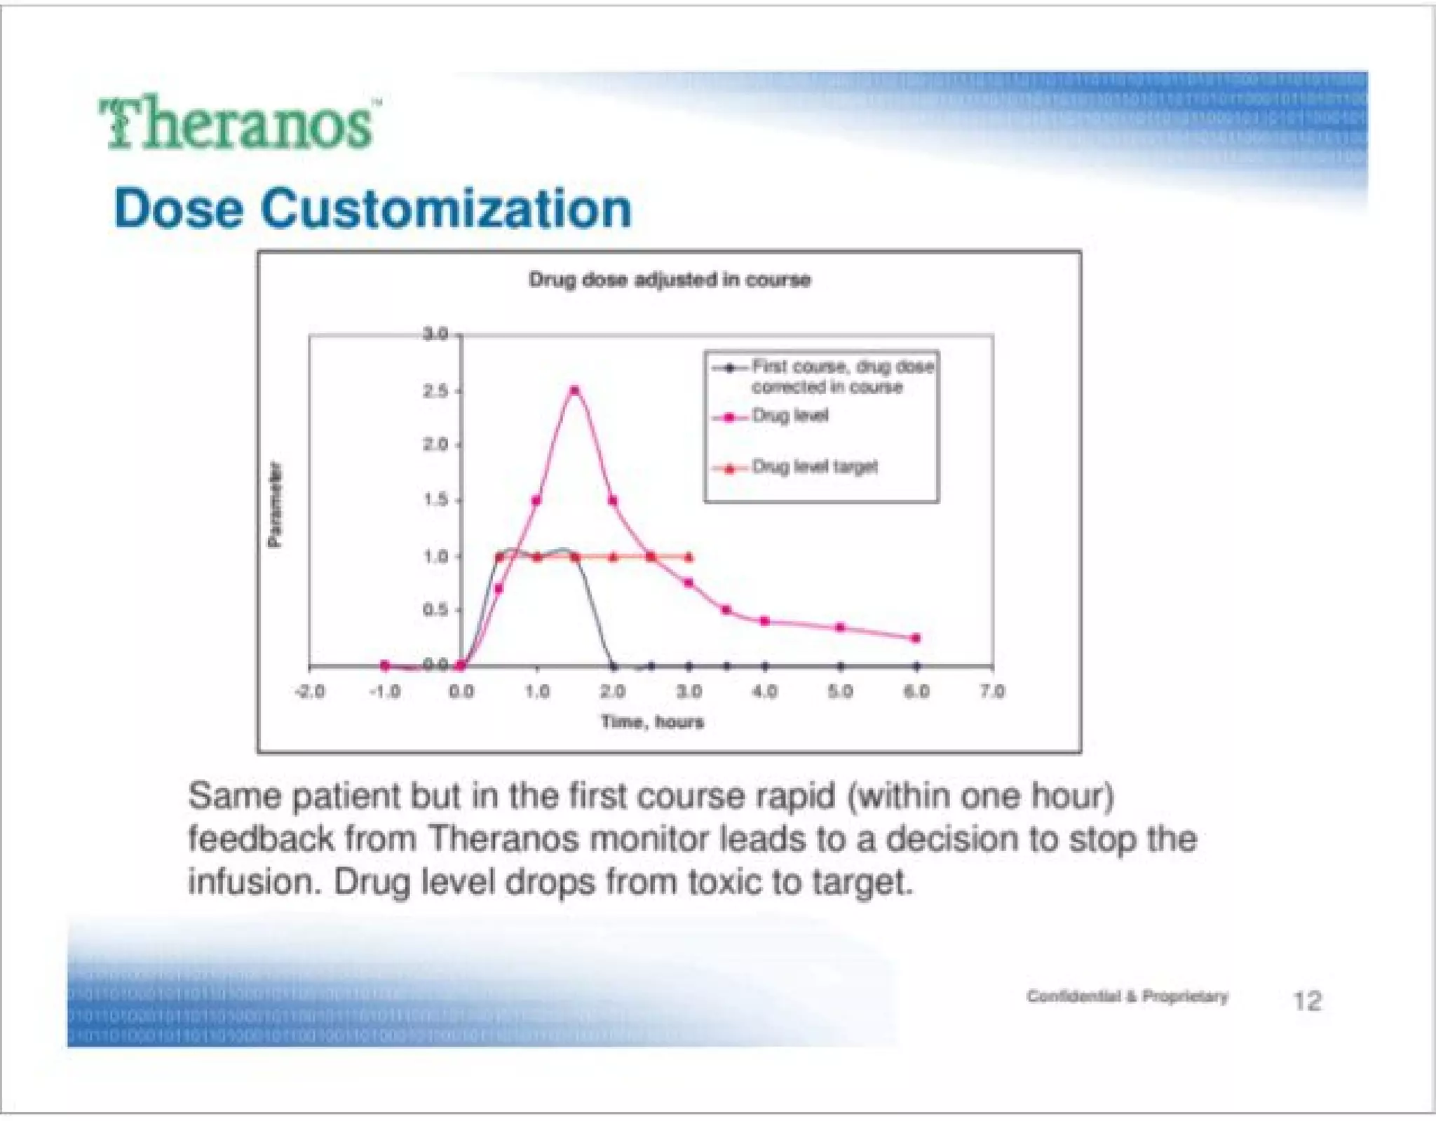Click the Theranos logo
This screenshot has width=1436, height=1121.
237,123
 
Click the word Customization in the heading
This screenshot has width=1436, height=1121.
446,209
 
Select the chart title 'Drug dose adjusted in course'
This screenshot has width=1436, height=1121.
669,280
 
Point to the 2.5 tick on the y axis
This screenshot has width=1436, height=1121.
435,390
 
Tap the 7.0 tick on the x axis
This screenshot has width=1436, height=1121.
992,691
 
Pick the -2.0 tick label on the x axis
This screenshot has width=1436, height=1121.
309,691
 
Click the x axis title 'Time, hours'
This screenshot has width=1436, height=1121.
651,721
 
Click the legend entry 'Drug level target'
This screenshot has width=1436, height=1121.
814,467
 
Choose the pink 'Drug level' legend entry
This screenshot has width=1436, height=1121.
790,416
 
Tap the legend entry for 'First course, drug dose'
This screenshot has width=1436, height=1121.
841,367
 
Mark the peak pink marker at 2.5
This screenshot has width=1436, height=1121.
575,390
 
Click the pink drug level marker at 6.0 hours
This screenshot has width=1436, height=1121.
916,638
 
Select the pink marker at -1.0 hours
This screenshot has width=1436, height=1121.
385,665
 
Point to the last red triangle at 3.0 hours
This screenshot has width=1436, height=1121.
689,557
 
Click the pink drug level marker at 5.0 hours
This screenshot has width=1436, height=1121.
840,627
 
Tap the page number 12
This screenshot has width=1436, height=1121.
1307,1000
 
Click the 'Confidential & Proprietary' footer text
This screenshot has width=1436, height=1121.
1127,996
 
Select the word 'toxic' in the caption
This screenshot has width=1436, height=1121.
724,882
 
